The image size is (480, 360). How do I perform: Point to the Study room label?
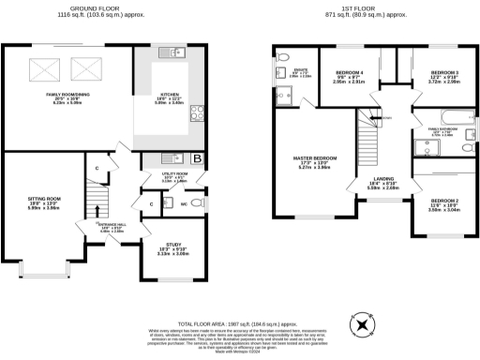[x=162, y=250]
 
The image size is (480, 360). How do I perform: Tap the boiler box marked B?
[x=197, y=158]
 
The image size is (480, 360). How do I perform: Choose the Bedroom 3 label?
[x=445, y=76]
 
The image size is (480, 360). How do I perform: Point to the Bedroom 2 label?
[x=445, y=204]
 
